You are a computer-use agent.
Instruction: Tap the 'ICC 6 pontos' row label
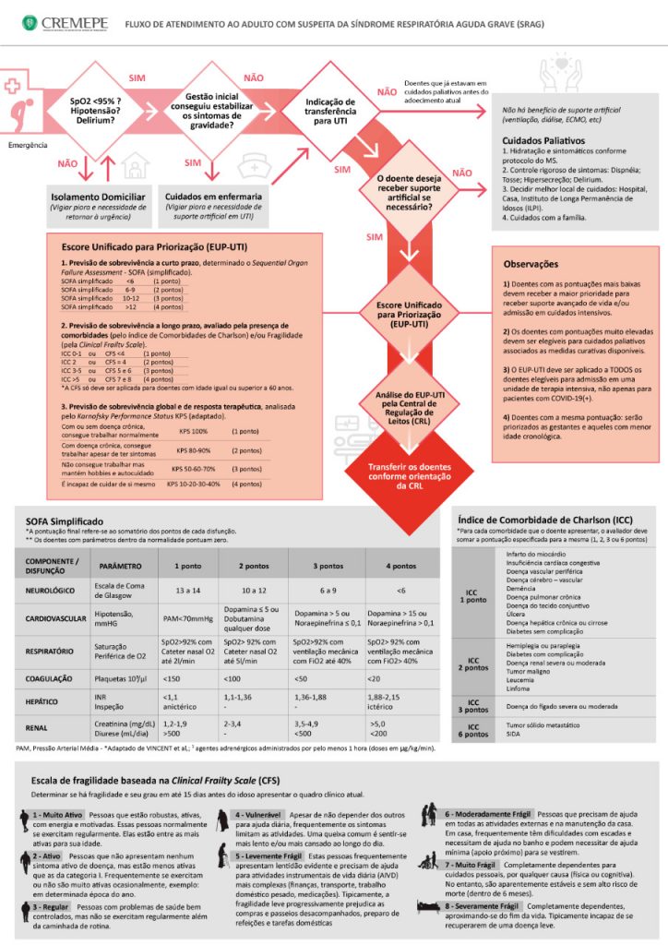point(472,729)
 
